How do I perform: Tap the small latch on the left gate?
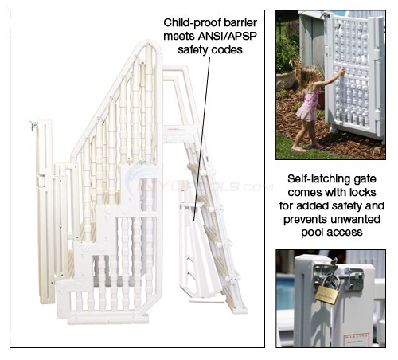pyautogui.click(x=33, y=127)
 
